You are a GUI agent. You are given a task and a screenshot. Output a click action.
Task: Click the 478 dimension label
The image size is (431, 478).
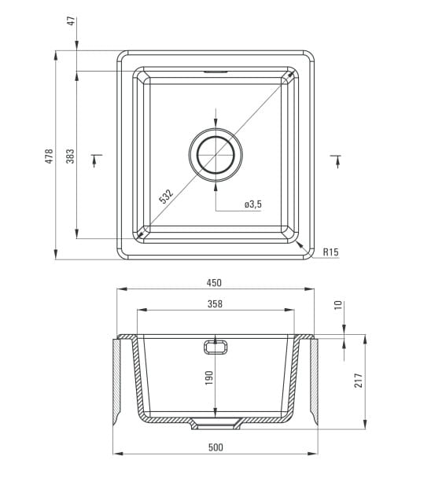click(49, 156)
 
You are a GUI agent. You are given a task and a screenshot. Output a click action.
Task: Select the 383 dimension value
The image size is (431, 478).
click(70, 156)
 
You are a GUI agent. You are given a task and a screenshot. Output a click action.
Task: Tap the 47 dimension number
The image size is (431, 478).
click(71, 21)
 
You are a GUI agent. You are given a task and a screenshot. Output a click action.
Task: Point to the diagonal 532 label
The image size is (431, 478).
click(166, 197)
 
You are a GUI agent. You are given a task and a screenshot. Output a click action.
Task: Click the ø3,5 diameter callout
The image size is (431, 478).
click(253, 204)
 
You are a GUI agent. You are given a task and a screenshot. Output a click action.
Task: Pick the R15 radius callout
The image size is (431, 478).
click(330, 252)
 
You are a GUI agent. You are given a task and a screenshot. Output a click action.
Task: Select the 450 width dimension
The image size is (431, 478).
click(214, 283)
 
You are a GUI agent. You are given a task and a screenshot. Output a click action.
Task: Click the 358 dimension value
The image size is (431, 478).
click(215, 304)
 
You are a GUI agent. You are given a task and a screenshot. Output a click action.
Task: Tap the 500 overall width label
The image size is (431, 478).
click(215, 447)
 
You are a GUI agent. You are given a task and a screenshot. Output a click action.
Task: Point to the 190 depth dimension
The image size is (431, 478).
click(209, 377)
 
